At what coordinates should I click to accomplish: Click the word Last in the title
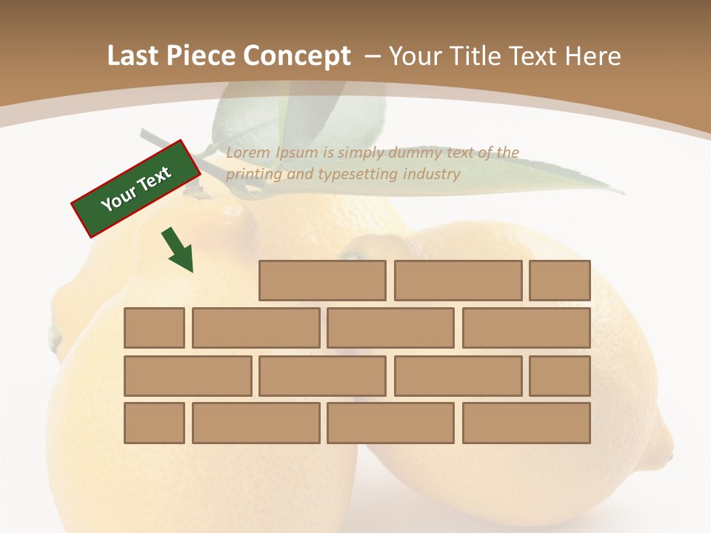click(133, 56)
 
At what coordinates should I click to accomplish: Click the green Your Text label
click(136, 189)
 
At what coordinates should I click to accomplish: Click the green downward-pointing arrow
click(178, 249)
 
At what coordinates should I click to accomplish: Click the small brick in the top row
click(560, 281)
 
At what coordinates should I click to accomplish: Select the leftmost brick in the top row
click(322, 281)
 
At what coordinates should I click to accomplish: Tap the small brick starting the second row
click(154, 328)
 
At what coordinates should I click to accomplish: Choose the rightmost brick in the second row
click(527, 328)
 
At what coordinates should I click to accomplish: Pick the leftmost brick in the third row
click(187, 375)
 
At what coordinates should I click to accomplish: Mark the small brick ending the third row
click(560, 375)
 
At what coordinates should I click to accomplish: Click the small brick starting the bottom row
click(154, 423)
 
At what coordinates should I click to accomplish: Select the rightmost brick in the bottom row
click(527, 423)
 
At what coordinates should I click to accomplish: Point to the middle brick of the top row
click(458, 281)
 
